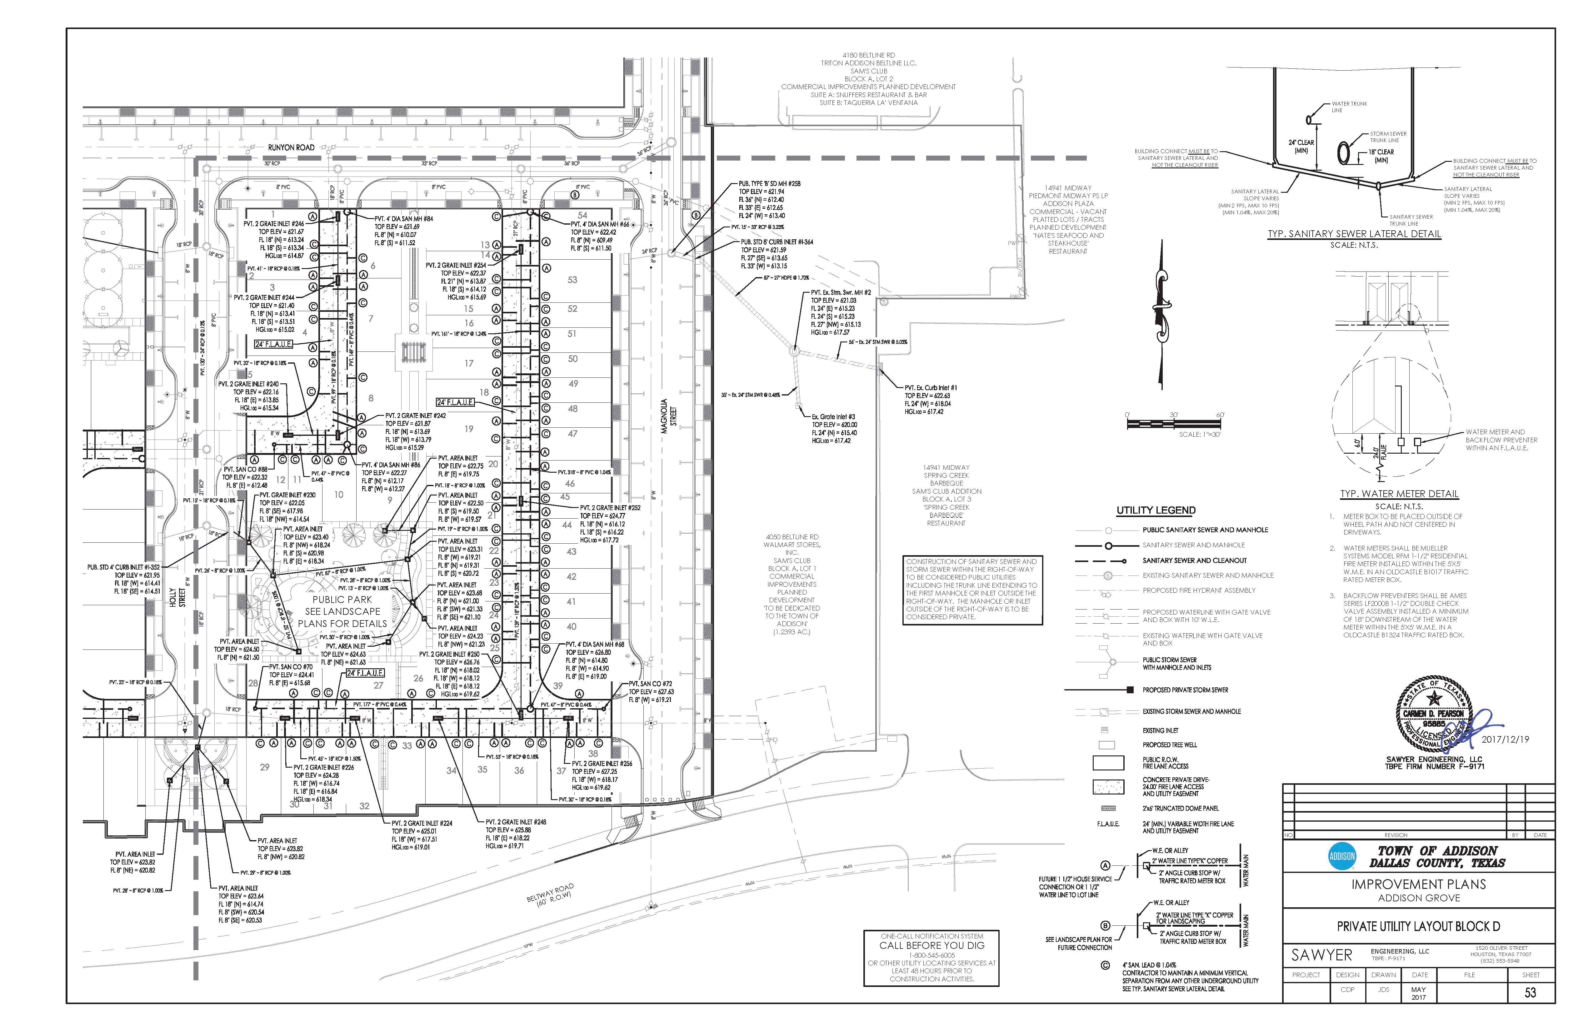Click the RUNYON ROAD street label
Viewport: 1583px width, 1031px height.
click(291, 147)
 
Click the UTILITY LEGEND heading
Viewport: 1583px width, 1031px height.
click(1156, 510)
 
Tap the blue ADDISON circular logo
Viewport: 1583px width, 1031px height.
click(1341, 857)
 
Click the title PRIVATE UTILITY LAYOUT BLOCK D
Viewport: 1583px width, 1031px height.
click(1419, 926)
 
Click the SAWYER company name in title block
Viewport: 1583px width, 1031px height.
click(1321, 955)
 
